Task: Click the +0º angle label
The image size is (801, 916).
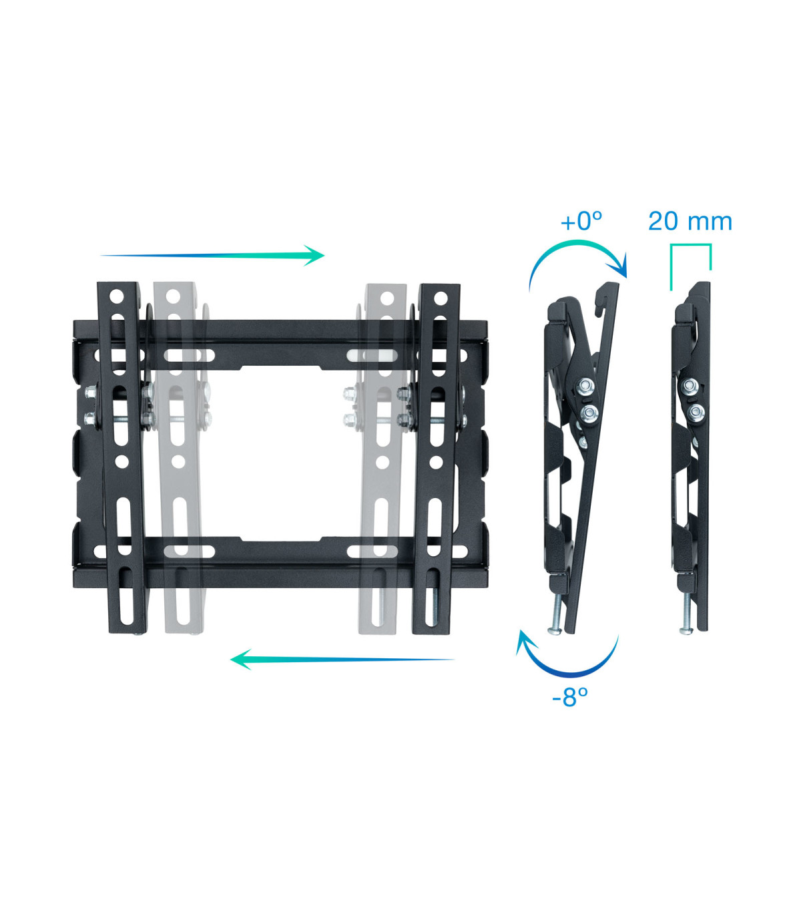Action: coord(581,222)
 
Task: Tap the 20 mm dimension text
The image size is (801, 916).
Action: coord(690,222)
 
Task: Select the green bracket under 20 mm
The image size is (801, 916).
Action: coord(690,247)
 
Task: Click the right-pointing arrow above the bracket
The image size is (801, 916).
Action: coord(212,255)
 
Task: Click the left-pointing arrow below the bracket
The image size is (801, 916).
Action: coord(342,660)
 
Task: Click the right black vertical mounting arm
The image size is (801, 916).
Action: coord(435,461)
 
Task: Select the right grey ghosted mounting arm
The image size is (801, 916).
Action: coord(382,461)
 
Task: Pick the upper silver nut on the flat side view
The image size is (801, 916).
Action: coord(690,386)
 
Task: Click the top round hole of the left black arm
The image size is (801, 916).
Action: coord(117,295)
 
